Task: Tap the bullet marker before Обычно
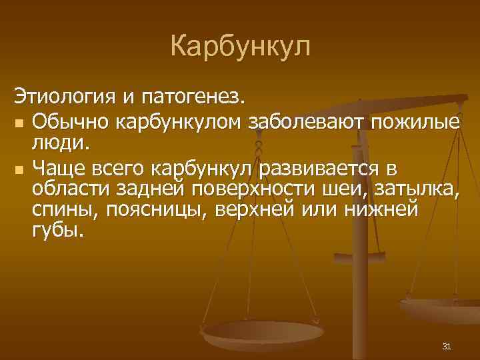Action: coord(19,123)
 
